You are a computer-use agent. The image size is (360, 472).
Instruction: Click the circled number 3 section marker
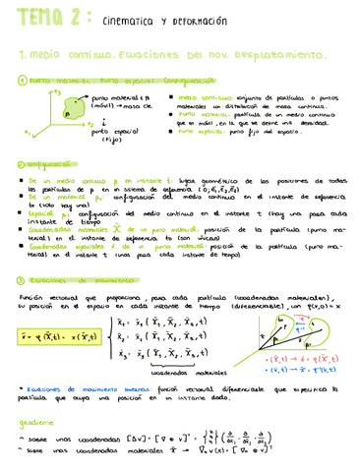(23, 279)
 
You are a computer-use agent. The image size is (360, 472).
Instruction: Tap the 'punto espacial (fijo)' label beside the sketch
(106, 134)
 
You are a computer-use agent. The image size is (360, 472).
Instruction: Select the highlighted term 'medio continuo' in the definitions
(203, 99)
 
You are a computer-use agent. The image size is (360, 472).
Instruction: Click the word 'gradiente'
(35, 423)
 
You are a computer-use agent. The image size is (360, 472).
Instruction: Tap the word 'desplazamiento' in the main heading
(285, 56)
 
